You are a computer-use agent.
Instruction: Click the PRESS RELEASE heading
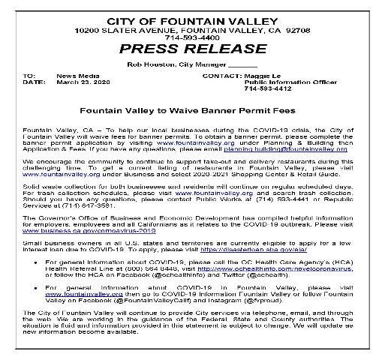192,49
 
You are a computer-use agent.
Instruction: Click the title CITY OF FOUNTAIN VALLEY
192,18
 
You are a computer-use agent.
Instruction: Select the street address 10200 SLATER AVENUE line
192,28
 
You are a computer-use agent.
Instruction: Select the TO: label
29,76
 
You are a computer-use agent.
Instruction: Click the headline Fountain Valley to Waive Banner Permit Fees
192,108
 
